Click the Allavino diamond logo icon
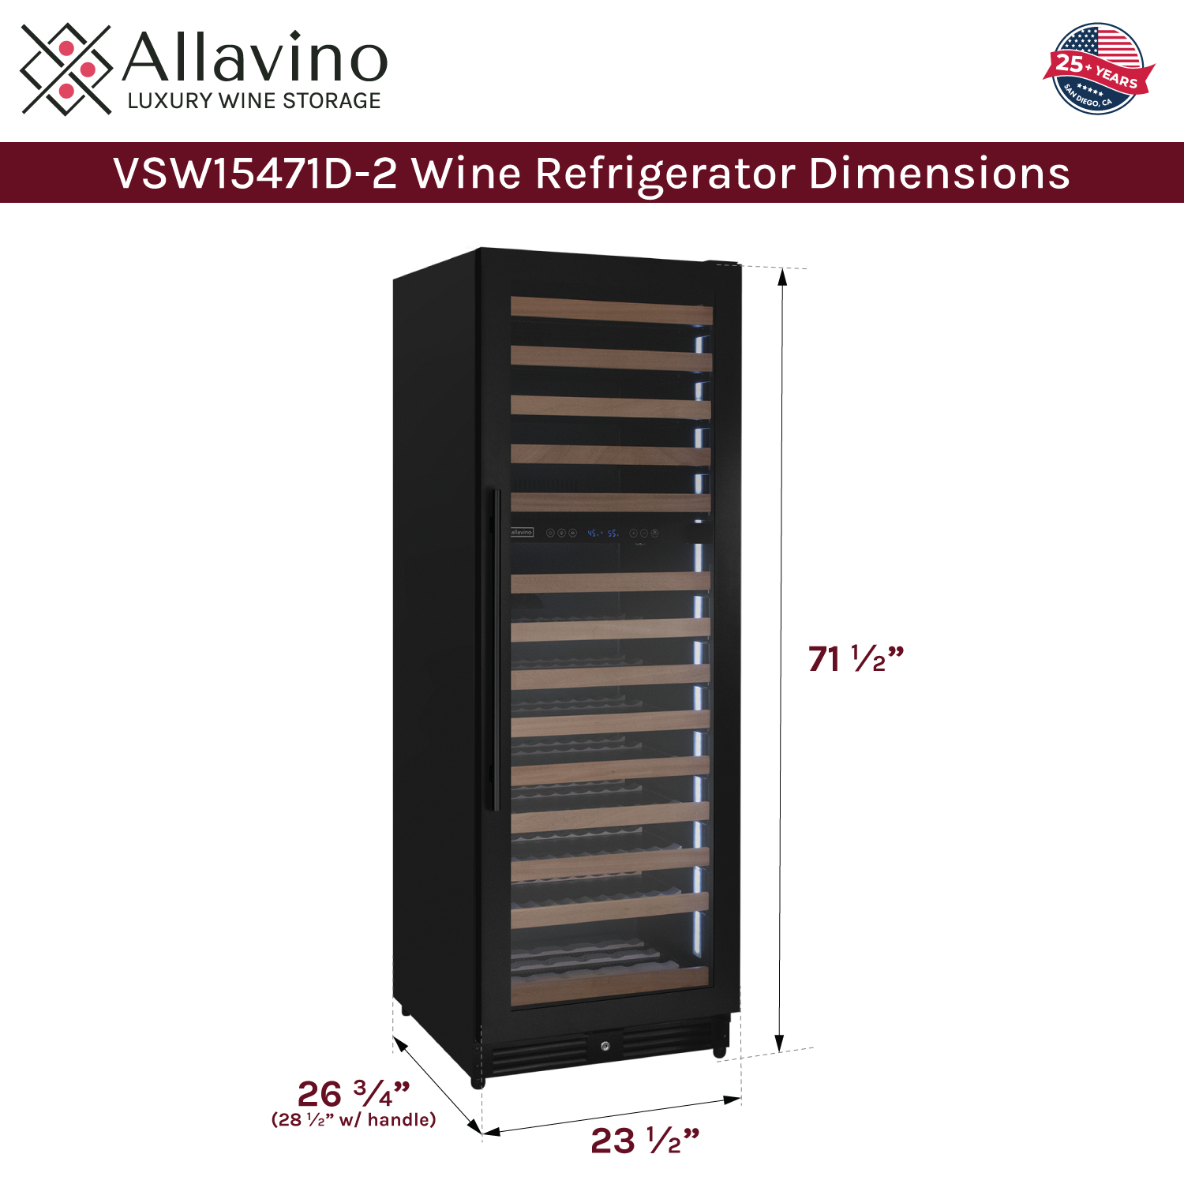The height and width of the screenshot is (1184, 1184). (x=66, y=69)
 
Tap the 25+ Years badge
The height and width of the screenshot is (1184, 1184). (x=1098, y=69)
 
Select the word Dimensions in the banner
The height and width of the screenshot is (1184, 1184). (x=939, y=174)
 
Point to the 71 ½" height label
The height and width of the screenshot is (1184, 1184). (x=855, y=658)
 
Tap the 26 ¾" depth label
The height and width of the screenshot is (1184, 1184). (x=353, y=1093)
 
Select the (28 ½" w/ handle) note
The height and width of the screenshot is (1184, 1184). (x=353, y=1119)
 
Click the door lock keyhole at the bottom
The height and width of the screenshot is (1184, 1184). (x=605, y=1046)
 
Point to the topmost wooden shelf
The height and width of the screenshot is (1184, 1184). (x=611, y=309)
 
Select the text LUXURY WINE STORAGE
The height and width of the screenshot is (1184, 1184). (x=254, y=101)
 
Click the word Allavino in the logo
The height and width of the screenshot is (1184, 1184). (x=255, y=57)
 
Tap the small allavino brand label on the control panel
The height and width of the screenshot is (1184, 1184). (x=522, y=533)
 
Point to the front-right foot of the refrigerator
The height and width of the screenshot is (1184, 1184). (x=719, y=1050)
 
